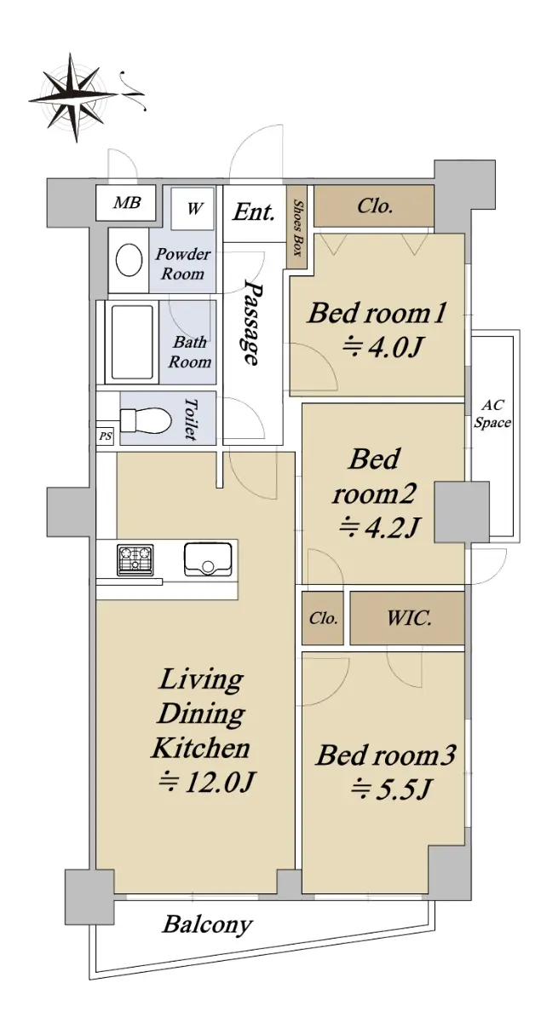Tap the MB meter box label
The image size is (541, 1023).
(x=127, y=202)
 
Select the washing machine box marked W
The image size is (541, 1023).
(x=193, y=209)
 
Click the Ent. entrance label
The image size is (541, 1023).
(x=254, y=212)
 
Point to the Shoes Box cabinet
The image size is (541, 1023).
(x=299, y=228)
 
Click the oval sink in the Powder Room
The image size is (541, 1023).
(x=129, y=260)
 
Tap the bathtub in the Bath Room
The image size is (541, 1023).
(x=132, y=342)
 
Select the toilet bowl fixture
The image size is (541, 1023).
(x=146, y=419)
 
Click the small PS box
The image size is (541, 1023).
(x=106, y=436)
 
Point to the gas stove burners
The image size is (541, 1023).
(x=135, y=560)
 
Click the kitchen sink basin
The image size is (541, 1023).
(x=208, y=559)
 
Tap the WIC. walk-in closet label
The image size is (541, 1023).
(x=409, y=618)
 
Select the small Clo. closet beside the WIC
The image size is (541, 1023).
(x=323, y=618)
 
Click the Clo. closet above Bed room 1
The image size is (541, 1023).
(x=374, y=206)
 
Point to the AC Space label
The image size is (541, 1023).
(x=492, y=413)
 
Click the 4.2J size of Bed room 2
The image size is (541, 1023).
(x=378, y=527)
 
